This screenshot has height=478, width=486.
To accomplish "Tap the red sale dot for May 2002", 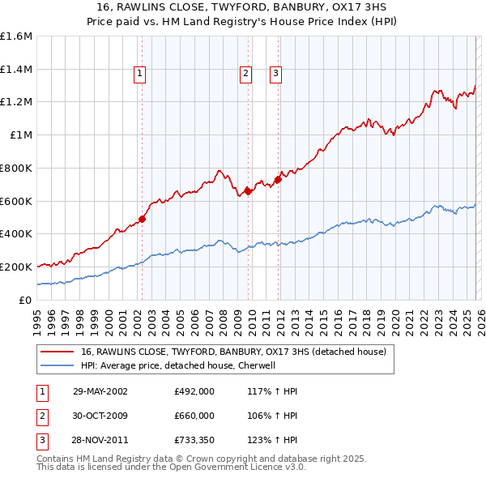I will [142, 218].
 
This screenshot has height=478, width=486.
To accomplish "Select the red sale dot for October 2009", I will [248, 190].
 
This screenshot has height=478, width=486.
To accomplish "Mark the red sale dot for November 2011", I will [278, 179].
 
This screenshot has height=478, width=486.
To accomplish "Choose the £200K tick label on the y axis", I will [16, 267].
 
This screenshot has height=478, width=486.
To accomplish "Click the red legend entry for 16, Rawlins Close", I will [234, 352].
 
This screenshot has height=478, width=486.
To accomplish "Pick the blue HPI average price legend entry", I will [178, 365].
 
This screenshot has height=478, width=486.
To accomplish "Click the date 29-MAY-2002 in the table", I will [100, 391].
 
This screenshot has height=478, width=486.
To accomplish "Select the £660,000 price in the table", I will [194, 416].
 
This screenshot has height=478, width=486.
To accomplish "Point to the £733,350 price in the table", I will [194, 441].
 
